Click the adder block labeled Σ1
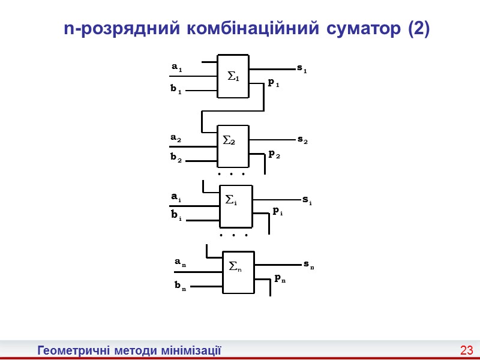point(233,77)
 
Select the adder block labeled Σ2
point(233,146)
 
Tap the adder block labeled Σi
point(236,206)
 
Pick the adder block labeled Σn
point(239,272)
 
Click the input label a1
point(176,68)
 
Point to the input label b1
point(175,89)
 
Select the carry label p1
point(274,83)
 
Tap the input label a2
point(176,138)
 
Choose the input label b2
point(175,158)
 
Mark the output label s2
point(302,139)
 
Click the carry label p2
point(274,154)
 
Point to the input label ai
point(176,197)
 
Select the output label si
point(306,199)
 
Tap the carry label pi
point(277,211)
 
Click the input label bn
point(179,286)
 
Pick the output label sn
point(308,264)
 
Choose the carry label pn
point(280,278)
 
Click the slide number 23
point(467,350)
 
